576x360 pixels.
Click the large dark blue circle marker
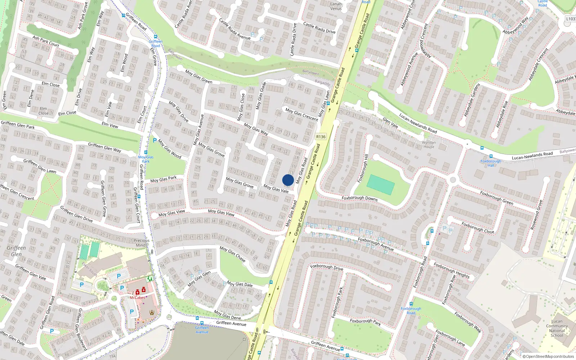pyautogui.click(x=288, y=180)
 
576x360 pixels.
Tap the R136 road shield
pyautogui.click(x=320, y=137)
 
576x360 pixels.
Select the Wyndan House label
pyautogui.click(x=429, y=145)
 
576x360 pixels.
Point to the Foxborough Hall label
pyautogui.click(x=491, y=163)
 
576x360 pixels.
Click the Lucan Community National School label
pyautogui.click(x=557, y=328)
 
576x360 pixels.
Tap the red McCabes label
pyautogui.click(x=137, y=298)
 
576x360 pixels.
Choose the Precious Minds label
pyautogui.click(x=141, y=243)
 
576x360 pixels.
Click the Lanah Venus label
pyautogui.click(x=336, y=6)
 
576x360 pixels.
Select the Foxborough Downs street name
pyautogui.click(x=359, y=198)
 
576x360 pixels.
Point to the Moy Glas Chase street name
pyautogui.click(x=233, y=254)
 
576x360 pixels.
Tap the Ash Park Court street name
pyautogui.click(x=46, y=41)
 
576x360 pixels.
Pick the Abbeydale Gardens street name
pyautogui.click(x=472, y=100)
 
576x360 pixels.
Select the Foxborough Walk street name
pyautogui.click(x=467, y=322)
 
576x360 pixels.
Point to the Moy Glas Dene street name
pyautogui.click(x=227, y=315)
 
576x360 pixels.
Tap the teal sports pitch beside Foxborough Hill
pyautogui.click(x=381, y=185)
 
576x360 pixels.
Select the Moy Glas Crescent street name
pyautogui.click(x=302, y=114)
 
